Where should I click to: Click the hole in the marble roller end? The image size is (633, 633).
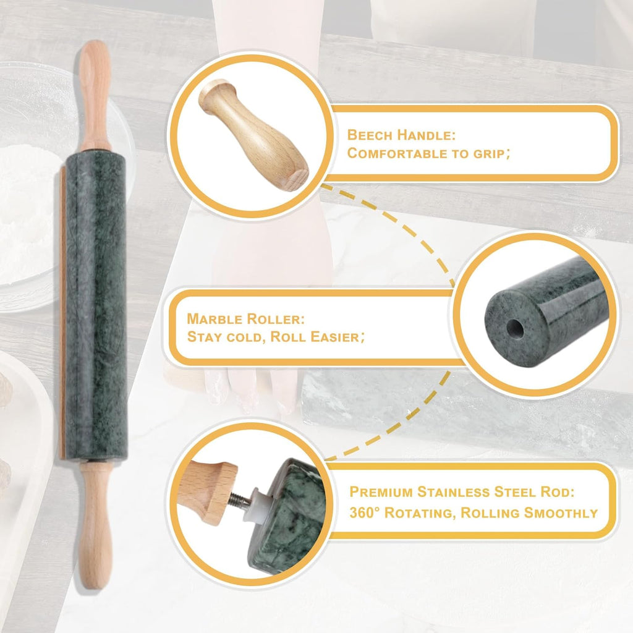513,329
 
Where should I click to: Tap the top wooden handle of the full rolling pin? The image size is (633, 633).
95,93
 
